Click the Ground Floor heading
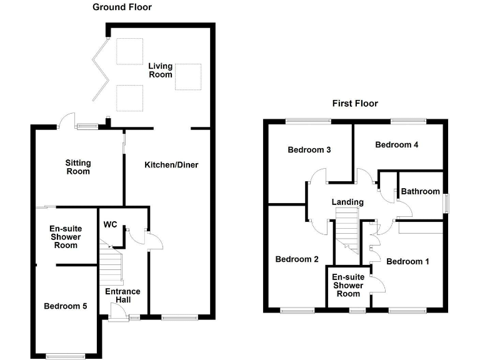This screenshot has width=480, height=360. coord(122,7)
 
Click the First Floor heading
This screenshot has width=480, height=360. coord(355,104)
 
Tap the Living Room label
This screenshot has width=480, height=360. coord(160,70)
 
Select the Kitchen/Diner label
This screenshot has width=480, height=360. coord(171,165)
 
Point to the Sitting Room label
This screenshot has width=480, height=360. coord(78,167)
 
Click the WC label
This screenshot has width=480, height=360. coord(111,224)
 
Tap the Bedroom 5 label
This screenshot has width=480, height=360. coord(66,306)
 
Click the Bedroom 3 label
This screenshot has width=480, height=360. coord(309,150)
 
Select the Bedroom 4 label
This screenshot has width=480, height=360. coord(396,145)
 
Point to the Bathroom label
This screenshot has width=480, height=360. coord(421,191)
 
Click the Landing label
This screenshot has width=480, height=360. coord(347,202)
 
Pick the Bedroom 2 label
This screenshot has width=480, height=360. coord(297,259)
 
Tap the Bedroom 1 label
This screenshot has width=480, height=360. coord(407,261)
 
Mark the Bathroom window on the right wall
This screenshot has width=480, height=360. coord(446,204)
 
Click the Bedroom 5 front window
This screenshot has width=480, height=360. coord(65,356)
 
